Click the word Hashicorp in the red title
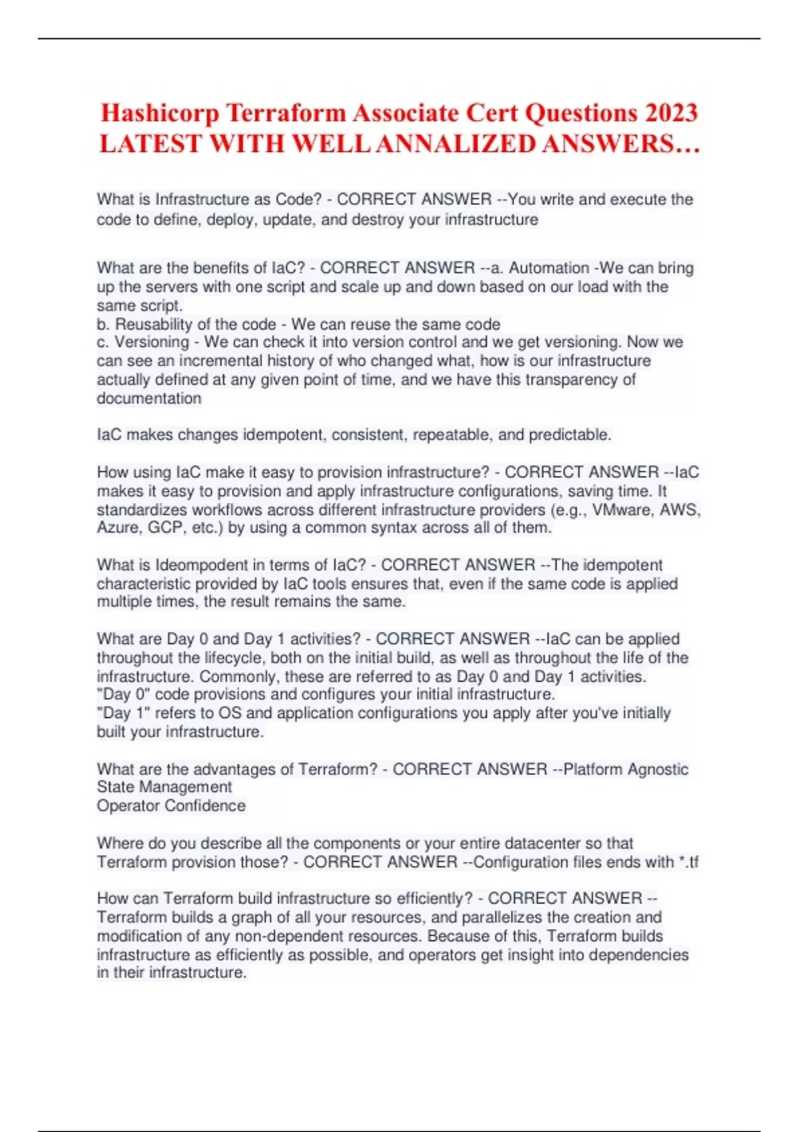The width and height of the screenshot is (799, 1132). (x=160, y=113)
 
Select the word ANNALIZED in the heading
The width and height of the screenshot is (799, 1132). (x=453, y=144)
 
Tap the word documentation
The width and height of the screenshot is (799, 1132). (x=149, y=398)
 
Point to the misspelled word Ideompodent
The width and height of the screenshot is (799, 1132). (x=202, y=565)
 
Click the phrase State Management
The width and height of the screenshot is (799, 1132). (x=164, y=787)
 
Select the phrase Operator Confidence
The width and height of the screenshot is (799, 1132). (x=171, y=806)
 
